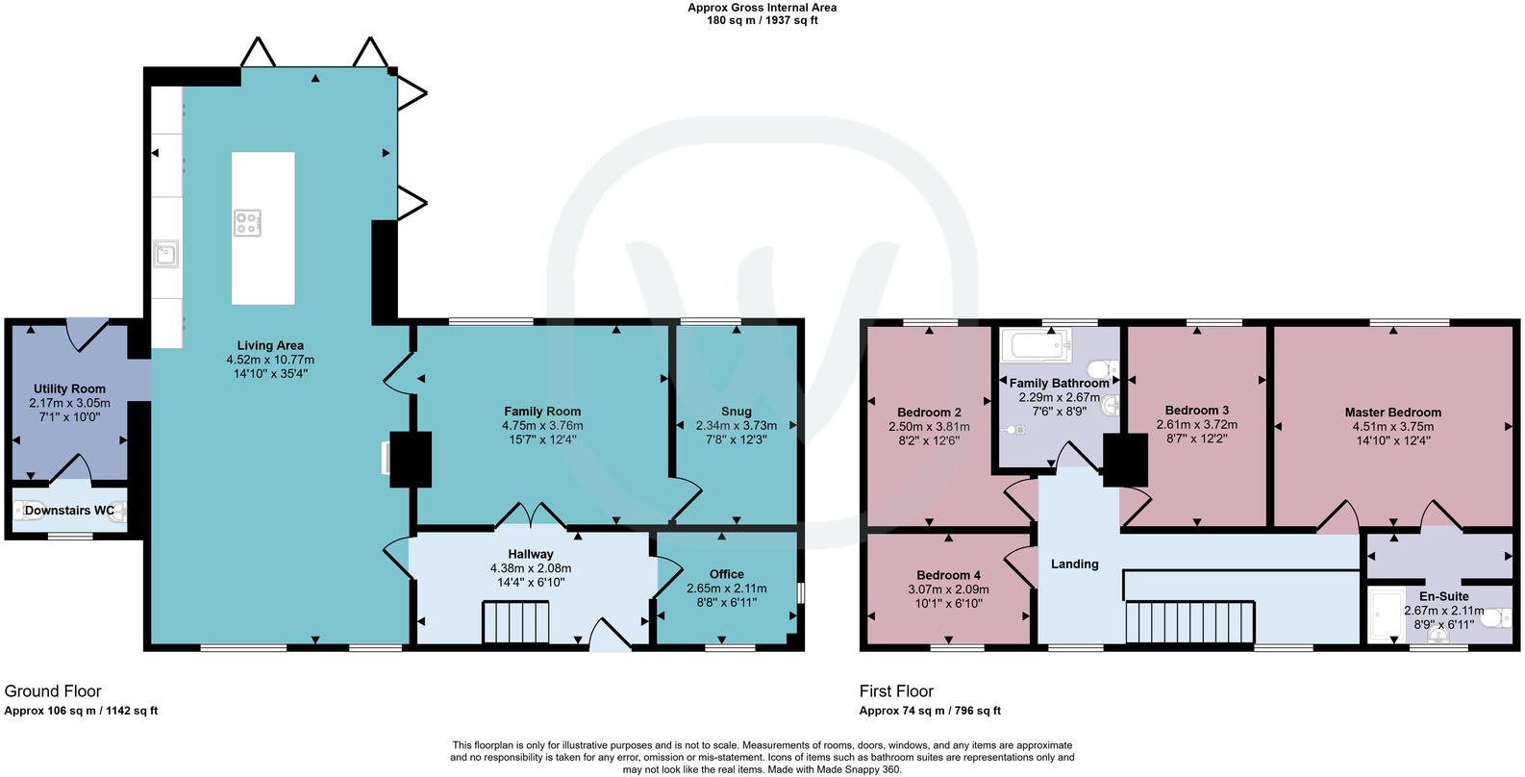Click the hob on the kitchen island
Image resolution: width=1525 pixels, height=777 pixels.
click(247, 223)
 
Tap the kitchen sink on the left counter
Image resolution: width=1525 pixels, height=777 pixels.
click(166, 254)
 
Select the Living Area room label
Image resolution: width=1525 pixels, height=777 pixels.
click(270, 345)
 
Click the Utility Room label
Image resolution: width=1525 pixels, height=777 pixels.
click(69, 388)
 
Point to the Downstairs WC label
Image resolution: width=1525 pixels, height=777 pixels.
click(69, 511)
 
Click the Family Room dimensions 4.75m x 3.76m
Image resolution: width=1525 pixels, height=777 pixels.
click(542, 425)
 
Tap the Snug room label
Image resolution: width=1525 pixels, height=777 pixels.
click(737, 411)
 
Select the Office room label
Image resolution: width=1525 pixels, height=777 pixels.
click(727, 574)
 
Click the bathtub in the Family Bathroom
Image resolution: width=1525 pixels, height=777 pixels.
click(1037, 345)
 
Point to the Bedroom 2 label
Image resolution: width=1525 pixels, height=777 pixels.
click(929, 413)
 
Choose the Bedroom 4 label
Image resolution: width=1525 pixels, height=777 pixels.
click(948, 575)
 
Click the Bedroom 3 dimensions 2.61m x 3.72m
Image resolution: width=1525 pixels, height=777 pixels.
click(1197, 424)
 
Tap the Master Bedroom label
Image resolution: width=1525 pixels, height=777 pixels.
click(1392, 412)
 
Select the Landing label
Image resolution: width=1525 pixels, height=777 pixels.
click(1074, 564)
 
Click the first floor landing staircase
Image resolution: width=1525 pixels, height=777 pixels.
click(1190, 621)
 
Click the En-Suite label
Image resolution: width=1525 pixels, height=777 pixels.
click(1443, 596)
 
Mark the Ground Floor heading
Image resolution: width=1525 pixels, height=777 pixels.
click(53, 690)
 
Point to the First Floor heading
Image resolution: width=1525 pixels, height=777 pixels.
click(896, 690)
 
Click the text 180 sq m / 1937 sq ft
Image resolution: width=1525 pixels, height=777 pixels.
click(762, 20)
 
